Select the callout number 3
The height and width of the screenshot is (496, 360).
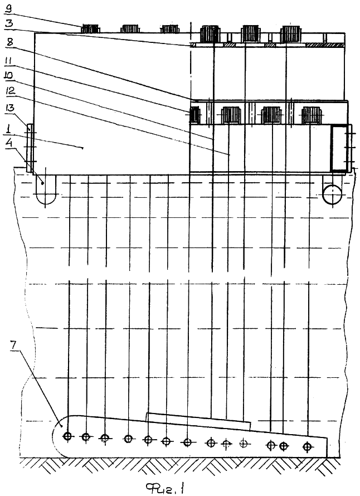[x=8, y=23]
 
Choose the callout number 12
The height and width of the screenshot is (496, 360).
[x=10, y=91]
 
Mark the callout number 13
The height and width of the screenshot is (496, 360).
[x=9, y=109]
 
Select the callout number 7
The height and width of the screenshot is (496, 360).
[x=13, y=345]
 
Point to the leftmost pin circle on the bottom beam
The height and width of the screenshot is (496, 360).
[x=67, y=436]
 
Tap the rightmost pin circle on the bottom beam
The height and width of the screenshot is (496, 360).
[x=307, y=446]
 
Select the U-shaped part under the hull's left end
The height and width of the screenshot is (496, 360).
[x=46, y=189]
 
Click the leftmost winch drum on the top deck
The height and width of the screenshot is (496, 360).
[x=90, y=29]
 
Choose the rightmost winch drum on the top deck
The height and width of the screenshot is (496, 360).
[x=290, y=34]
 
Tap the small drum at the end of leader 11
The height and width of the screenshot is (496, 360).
[x=194, y=115]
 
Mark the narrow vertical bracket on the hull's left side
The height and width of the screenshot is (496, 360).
[x=29, y=148]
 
